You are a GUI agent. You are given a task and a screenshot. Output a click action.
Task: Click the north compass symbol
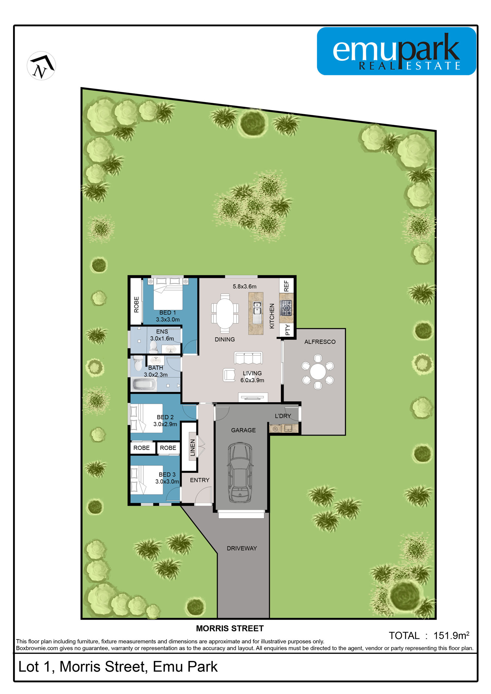point(41,66)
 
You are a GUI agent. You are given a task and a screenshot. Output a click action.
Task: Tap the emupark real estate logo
point(396,51)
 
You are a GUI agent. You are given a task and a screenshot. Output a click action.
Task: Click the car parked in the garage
point(240,472)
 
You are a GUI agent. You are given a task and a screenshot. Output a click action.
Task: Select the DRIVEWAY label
point(242,548)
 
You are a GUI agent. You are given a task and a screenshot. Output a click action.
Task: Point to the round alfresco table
point(318,372)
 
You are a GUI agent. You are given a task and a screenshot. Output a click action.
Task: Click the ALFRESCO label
point(320,342)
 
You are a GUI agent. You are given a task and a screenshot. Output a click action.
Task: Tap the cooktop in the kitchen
point(286,308)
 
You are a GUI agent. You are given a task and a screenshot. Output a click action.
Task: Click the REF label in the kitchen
point(286,286)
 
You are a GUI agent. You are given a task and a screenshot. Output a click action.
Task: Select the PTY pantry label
point(287,330)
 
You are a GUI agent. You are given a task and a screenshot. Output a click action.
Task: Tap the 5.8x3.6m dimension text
point(245,287)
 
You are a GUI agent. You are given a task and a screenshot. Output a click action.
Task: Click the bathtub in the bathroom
point(144,384)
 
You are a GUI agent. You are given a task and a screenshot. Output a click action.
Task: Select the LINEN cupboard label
point(193,448)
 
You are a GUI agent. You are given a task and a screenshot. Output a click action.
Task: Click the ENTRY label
point(200,480)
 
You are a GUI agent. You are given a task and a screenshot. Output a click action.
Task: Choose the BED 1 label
point(168,313)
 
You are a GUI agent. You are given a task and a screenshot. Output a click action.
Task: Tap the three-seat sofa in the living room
point(248,358)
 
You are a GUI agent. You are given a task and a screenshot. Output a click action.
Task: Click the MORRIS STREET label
point(230,629)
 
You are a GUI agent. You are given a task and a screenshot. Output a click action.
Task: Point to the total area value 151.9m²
point(451,635)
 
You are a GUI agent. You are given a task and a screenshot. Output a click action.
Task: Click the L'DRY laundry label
point(283,416)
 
